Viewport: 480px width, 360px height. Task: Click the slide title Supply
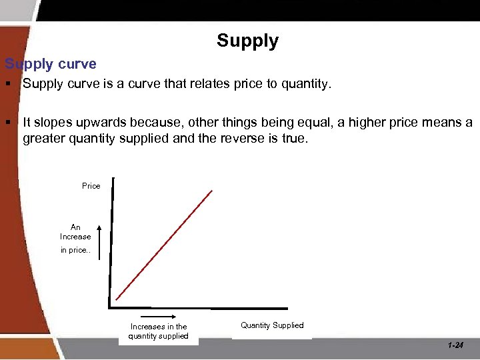(247, 41)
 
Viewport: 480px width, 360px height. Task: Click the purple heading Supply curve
(51, 65)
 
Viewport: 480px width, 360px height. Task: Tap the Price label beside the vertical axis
(91, 186)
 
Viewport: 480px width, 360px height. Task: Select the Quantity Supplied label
(272, 325)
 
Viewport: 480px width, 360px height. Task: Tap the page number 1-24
(456, 345)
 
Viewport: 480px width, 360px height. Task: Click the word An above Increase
(75, 227)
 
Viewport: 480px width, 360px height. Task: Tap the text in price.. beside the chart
(75, 250)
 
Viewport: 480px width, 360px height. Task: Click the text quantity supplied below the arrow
(159, 336)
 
